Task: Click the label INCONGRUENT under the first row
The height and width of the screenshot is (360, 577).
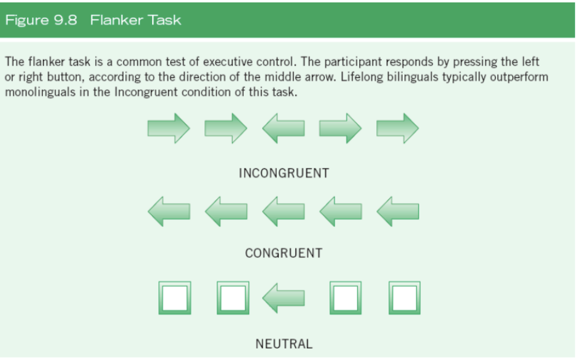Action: point(284,173)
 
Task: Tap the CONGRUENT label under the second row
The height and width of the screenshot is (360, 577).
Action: point(284,253)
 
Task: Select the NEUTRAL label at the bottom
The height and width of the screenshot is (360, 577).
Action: point(284,344)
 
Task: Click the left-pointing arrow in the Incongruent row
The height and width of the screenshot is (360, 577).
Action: point(283,128)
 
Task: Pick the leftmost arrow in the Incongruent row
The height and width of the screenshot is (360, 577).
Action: point(169,128)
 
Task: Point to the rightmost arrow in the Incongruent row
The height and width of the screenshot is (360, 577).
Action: point(398,128)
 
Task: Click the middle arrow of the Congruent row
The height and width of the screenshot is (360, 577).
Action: point(283,211)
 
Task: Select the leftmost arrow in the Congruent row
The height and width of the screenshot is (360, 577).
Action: point(169,211)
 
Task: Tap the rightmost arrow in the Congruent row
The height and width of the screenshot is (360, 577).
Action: point(398,211)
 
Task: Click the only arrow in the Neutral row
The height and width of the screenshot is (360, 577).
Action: point(283,298)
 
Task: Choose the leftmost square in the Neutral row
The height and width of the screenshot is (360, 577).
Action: point(174,298)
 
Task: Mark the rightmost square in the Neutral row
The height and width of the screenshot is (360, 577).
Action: point(405,298)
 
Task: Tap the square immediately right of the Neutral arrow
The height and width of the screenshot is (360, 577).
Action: point(346,298)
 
